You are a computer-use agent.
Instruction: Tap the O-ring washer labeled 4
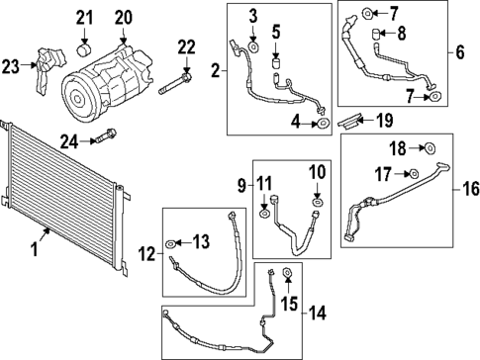[323, 124]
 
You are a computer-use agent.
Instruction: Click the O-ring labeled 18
[430, 149]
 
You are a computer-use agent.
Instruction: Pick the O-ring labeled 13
[174, 241]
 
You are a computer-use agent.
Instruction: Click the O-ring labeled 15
[287, 274]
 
